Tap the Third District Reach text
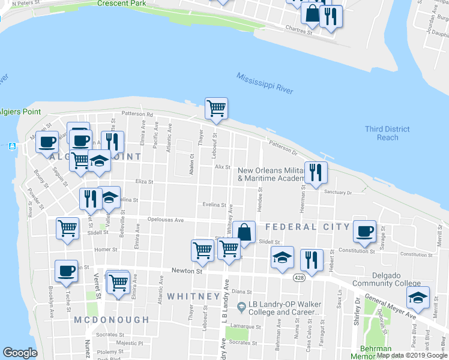point(387,133)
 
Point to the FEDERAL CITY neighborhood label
point(307,227)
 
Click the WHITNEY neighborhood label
point(193,296)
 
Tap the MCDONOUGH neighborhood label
point(111,320)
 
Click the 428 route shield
point(298,278)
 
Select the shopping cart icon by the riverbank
point(216,109)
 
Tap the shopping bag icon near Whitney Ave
point(244,232)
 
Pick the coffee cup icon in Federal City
point(364,231)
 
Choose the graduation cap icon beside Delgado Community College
point(418,297)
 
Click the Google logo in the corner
point(20,353)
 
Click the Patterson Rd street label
point(137,113)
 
